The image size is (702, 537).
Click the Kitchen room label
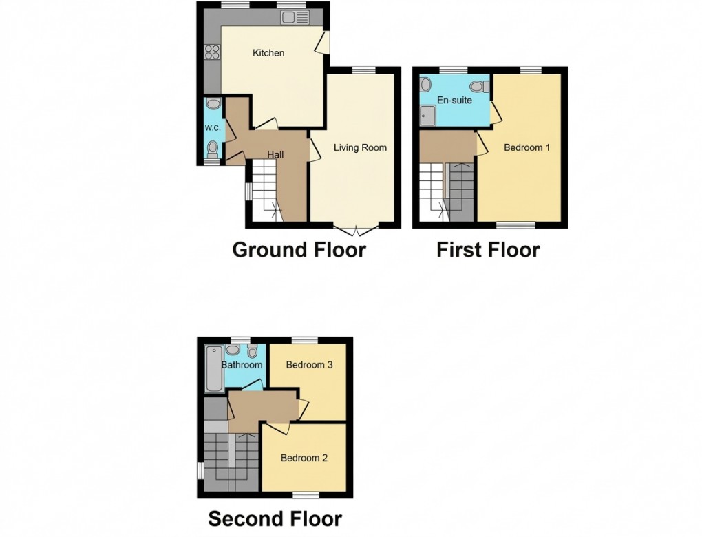coord(268,53)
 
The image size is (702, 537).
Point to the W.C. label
coord(212,128)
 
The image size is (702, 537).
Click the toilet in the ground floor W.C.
coord(213,147)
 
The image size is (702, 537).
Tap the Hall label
coord(275,155)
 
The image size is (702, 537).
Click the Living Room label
coord(360,147)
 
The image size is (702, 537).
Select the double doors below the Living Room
coord(354,228)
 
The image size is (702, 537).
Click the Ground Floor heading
coord(299,249)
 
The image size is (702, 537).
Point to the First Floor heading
coord(488,249)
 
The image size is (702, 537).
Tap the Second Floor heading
coord(275,518)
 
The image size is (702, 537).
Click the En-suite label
coord(455,101)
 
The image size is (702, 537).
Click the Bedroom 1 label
coord(526,147)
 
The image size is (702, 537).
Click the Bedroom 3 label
coord(310,365)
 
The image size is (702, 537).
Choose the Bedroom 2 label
coord(304,458)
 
